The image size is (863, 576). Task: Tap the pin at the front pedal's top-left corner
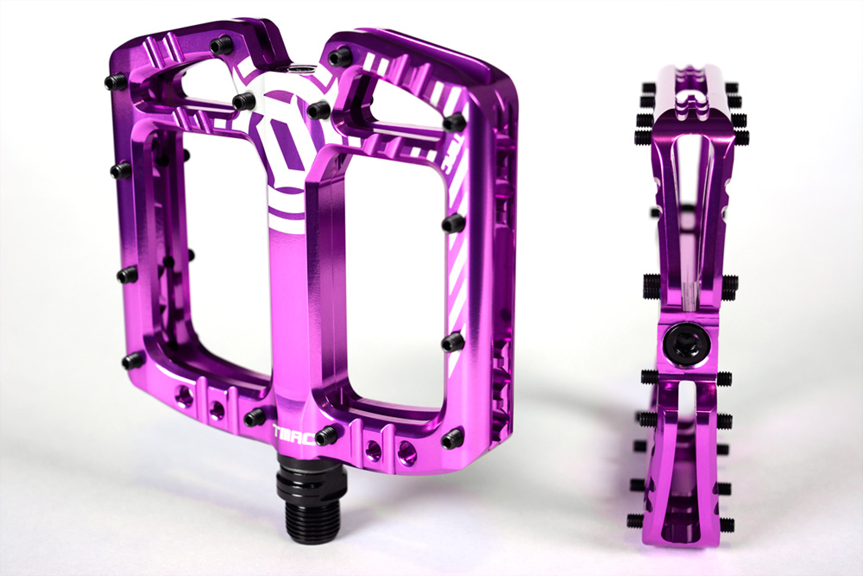115,82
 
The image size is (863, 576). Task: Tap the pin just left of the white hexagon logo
243,100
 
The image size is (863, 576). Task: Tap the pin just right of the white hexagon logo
318,110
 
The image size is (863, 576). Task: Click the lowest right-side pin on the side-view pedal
726,523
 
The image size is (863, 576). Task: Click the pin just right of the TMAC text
326,436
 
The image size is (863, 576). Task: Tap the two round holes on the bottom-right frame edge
389,448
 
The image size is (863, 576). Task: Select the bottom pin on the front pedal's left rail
131,361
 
